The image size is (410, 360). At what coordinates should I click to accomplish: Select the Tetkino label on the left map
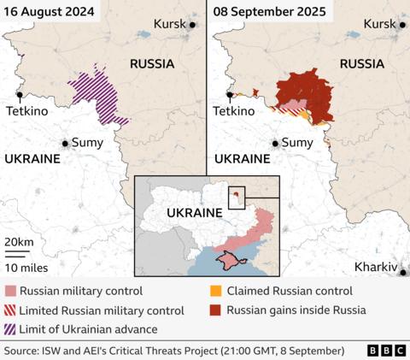tap(26, 111)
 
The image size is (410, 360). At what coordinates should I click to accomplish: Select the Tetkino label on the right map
tap(234, 111)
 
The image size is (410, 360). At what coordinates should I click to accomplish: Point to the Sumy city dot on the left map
tap(65, 143)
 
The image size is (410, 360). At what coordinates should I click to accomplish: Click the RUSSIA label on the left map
tap(152, 64)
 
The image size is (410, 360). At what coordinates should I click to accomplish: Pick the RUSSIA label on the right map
tap(361, 64)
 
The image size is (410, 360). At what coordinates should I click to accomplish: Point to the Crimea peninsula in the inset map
tap(230, 260)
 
